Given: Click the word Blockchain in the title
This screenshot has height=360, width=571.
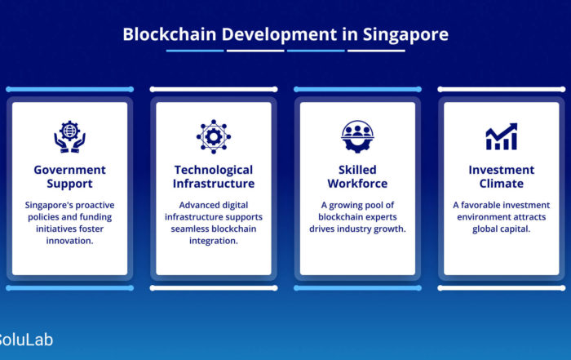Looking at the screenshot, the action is tap(170, 34).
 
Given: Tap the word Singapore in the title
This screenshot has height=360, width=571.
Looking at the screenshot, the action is tap(405, 35).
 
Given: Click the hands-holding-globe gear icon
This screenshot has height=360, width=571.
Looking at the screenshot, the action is tap(69, 136).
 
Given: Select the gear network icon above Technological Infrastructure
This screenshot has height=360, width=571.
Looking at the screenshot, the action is tap(214, 136).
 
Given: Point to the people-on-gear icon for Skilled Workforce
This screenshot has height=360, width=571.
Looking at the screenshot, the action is tap(357, 136).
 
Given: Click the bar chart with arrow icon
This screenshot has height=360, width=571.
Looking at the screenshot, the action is tap(502, 136).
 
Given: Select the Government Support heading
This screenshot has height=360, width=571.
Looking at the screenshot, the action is tap(69, 176).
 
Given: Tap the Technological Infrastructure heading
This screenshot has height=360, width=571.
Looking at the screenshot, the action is tap(214, 176).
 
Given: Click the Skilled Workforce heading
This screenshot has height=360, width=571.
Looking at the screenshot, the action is tap(357, 176).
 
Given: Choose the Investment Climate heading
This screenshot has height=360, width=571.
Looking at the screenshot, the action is tap(502, 176).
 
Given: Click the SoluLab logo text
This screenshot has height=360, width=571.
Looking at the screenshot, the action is tap(25, 340).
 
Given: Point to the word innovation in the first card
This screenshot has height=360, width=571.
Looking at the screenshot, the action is tap(69, 241).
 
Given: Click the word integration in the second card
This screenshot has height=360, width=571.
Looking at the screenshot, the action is tap(214, 241).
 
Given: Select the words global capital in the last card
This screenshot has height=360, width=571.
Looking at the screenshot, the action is tap(502, 229).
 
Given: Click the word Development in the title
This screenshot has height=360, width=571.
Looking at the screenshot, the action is tap(279, 35).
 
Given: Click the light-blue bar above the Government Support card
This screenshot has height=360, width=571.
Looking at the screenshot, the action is tap(69, 89).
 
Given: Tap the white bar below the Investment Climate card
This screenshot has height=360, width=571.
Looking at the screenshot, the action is tap(502, 288).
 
